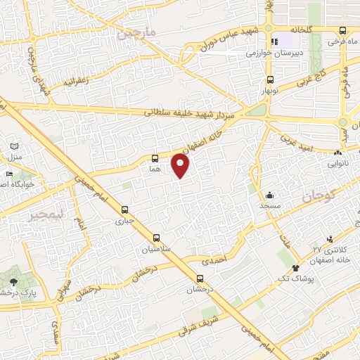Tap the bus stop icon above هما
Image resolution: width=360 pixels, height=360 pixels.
coord(155,158)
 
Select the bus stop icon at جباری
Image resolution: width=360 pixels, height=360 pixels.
coord(125,210)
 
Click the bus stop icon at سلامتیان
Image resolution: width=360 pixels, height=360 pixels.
coord(156,238)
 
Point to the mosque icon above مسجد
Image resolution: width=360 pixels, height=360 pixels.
coord(269,195)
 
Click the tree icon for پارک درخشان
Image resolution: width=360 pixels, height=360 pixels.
coord(13,282)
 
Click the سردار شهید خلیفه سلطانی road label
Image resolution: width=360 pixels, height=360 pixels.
coord(193,112)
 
